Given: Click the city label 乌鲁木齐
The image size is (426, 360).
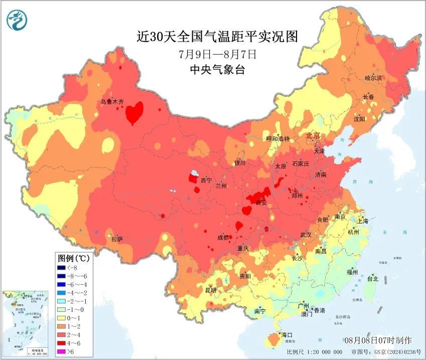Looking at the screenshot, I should (112, 102).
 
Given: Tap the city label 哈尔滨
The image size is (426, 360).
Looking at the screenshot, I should (373, 78).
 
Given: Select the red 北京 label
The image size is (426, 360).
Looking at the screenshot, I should (313, 136).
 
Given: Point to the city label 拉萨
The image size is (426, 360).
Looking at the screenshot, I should (116, 239).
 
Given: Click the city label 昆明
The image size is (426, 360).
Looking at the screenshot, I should (211, 290).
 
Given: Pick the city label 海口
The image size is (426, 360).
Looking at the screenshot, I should (287, 334).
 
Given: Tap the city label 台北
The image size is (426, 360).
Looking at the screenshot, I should (372, 278).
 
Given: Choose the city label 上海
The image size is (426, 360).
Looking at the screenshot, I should (362, 221).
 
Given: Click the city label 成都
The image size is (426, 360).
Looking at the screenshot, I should (224, 238).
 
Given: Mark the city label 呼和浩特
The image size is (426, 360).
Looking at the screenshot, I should (277, 138).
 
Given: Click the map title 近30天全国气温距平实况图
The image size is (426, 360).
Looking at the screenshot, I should (217, 37).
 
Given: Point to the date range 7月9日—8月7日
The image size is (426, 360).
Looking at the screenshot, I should (217, 54).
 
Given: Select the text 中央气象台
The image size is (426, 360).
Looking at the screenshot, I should (217, 70).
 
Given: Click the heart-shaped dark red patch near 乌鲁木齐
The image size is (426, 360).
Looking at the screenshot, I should (134, 111).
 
